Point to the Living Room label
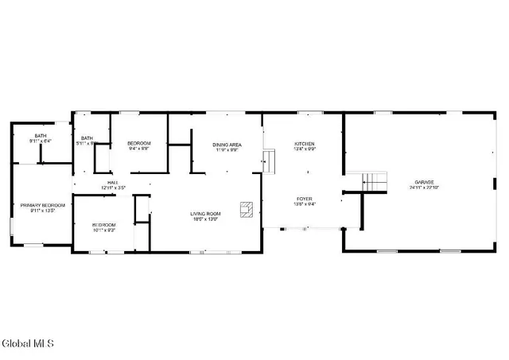coord(204,213)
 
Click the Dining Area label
coord(227,144)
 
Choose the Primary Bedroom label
coord(42,205)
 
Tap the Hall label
coord(103,182)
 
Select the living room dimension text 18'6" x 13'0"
coord(204,219)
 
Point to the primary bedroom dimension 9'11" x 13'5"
coord(42,211)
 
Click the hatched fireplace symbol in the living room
coord(249,210)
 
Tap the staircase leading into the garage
coord(374,182)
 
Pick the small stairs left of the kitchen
coord(270,162)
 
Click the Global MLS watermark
coord(28,343)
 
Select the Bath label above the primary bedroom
coord(40,136)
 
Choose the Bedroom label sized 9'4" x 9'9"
coord(138,143)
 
